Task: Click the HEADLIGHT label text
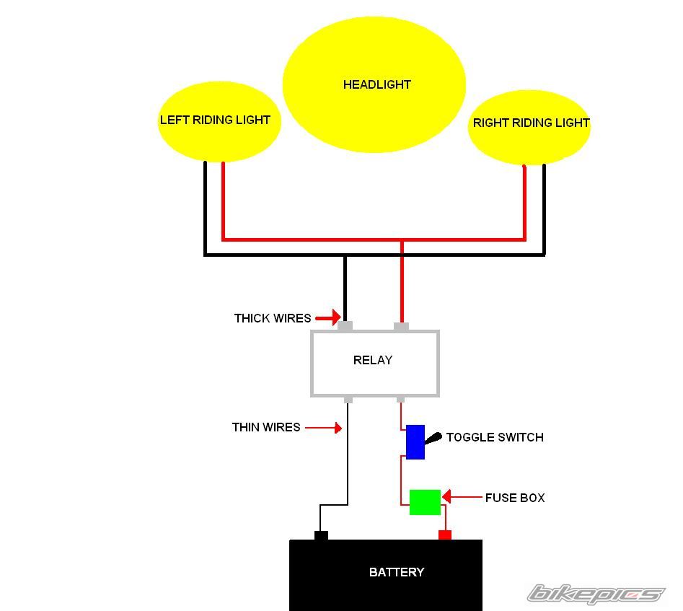coord(376,84)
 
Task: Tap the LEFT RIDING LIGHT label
coord(215,120)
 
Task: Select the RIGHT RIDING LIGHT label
coord(531,123)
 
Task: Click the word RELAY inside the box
coord(372,360)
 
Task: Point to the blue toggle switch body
coord(415,442)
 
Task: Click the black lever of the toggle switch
coord(433,438)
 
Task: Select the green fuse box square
coord(425,502)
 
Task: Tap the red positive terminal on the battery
coord(445,535)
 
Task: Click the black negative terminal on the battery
coord(321,535)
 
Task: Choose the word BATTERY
coord(396,572)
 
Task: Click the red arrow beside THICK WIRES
coord(328,317)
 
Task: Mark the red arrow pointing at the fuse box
coord(462,497)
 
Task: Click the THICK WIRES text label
coord(272,318)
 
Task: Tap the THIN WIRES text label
coord(265,427)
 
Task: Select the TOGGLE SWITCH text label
coord(495,437)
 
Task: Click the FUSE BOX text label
coord(514,498)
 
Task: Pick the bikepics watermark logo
coord(595,594)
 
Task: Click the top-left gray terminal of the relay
coord(345,327)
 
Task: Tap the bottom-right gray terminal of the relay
coord(401,399)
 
